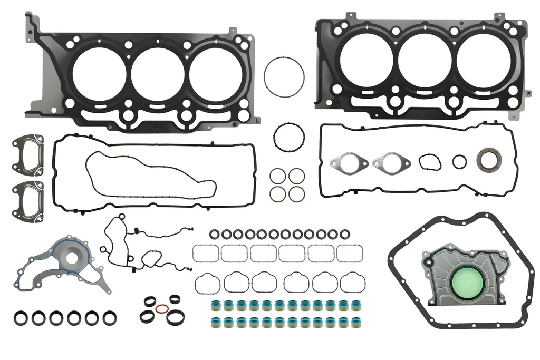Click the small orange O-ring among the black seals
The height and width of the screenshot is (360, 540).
[163, 309]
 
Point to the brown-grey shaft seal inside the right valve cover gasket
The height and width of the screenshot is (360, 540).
[488, 160]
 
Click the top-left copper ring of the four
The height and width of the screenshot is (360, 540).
[278, 176]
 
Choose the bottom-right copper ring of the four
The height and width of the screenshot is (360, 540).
[296, 193]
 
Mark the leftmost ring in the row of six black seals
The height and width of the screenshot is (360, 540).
[21, 318]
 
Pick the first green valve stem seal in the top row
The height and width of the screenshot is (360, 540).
[215, 305]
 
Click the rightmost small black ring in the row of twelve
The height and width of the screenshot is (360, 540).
[344, 234]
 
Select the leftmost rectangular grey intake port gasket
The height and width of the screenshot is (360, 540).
[205, 254]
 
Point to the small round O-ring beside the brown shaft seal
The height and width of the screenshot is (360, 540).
[459, 161]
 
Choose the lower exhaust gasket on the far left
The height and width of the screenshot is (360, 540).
[28, 194]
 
